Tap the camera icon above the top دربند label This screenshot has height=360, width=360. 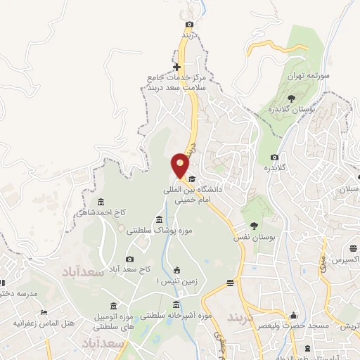click(188, 25)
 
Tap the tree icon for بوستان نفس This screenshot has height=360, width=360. click(253, 226)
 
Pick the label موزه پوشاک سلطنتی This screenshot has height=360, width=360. click(159, 230)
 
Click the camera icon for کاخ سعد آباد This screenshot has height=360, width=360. click(129, 259)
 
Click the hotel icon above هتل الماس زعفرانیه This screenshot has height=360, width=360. click(44, 312)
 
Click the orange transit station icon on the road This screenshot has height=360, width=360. click(230, 283)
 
